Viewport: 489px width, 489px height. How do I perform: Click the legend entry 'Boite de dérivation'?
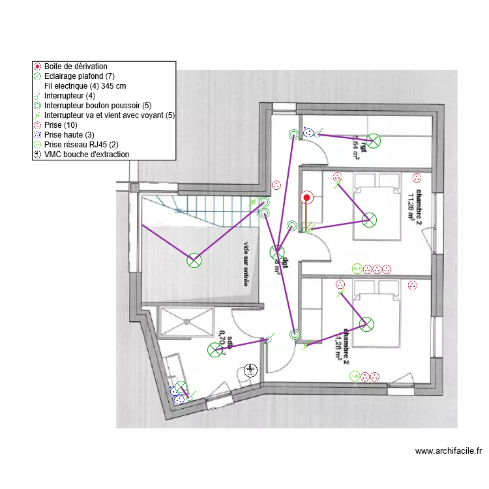point(76,67)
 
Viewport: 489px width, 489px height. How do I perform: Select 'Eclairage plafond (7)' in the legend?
point(80,76)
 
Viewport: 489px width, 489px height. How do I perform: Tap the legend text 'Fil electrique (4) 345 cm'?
point(85,86)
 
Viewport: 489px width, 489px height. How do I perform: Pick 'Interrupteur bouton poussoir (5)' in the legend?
point(98,106)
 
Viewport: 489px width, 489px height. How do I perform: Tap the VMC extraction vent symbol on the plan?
point(250,371)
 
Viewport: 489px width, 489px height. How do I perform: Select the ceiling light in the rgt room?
point(373,140)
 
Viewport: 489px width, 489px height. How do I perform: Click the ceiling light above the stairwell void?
point(194,261)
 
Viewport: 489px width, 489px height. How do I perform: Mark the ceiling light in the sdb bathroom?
point(215,350)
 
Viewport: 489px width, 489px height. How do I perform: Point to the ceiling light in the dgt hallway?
point(277,252)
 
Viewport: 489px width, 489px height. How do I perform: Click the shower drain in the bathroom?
point(187,321)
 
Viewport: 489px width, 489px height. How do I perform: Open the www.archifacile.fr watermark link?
point(448,451)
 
